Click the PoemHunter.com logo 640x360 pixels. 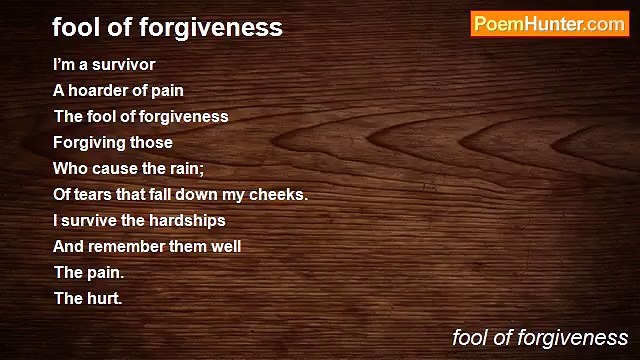tap(548, 24)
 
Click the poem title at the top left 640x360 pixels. tap(167, 28)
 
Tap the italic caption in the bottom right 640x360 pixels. tap(540, 338)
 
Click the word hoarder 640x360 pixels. tap(107, 90)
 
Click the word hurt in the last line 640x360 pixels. tap(104, 298)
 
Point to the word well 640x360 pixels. tap(222, 246)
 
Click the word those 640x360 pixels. tap(152, 142)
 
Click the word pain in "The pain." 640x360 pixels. tap(106, 272)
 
